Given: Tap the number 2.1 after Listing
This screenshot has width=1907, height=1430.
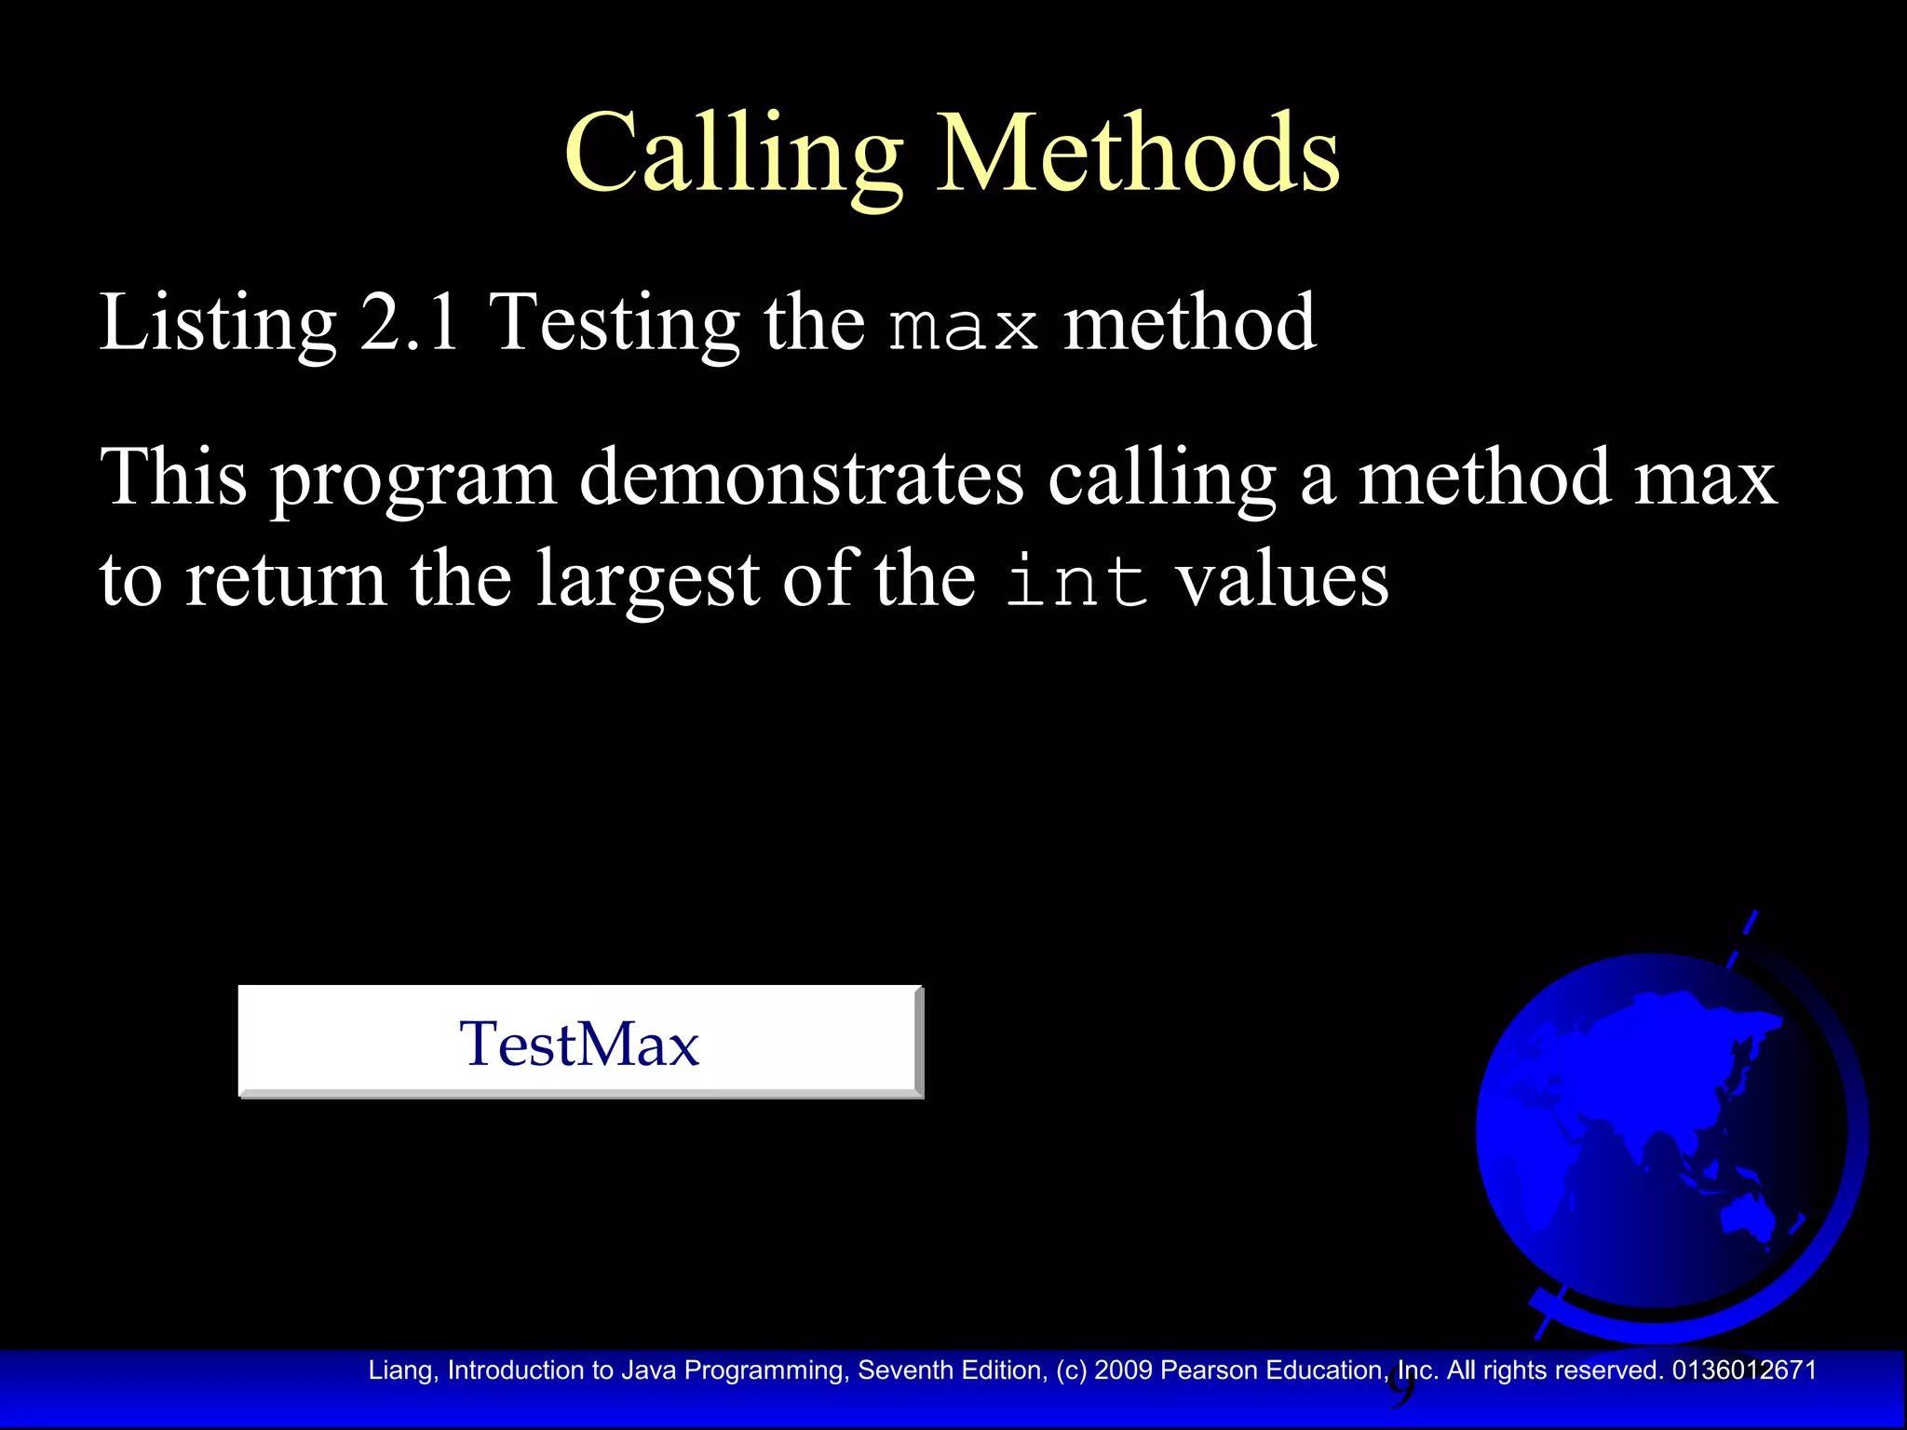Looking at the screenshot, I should (x=410, y=322).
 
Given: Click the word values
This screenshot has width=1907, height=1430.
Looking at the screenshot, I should (x=1282, y=579).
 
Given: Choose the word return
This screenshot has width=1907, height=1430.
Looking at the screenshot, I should (x=286, y=579).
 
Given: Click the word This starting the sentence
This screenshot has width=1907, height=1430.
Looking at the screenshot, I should (x=174, y=477).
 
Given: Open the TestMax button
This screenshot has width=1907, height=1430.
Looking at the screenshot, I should (x=580, y=1042).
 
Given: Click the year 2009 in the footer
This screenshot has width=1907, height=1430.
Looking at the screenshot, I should (x=1124, y=1370).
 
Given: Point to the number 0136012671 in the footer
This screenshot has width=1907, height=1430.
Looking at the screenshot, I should (x=1744, y=1370).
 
